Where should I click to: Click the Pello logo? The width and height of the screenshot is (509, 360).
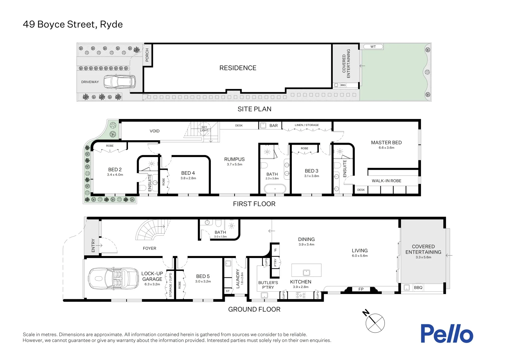coord(447,333)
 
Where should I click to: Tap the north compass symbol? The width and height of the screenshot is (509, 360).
coord(374,322)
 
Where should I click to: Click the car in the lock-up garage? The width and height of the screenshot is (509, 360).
coord(113,279)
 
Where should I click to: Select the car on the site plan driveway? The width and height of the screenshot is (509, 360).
coord(120,82)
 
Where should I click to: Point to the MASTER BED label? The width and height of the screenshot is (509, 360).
coord(386,143)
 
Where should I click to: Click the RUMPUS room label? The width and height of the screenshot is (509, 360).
coord(235,159)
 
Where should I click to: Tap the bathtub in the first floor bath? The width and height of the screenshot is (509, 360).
coord(275,189)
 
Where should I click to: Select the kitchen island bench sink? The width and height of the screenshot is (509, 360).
coord(306,272)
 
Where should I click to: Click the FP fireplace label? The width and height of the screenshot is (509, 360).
coord(361,289)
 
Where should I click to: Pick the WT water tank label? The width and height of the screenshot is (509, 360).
coord(373,47)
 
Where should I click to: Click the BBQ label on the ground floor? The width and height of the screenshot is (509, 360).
coord(418,287)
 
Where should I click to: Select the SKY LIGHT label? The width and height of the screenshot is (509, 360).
coord(204,129)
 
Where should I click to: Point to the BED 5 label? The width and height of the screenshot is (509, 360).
coord(203,276)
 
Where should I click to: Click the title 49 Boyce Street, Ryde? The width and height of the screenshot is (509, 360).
coord(73,24)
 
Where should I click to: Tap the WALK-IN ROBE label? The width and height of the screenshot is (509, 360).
coord(386,181)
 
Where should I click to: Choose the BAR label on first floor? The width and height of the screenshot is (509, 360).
coord(273,126)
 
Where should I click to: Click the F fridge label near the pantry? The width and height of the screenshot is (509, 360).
coord(275,250)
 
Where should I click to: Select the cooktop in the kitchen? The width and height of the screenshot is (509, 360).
coord(300,295)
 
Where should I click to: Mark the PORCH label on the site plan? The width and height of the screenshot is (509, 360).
coord(147,55)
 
